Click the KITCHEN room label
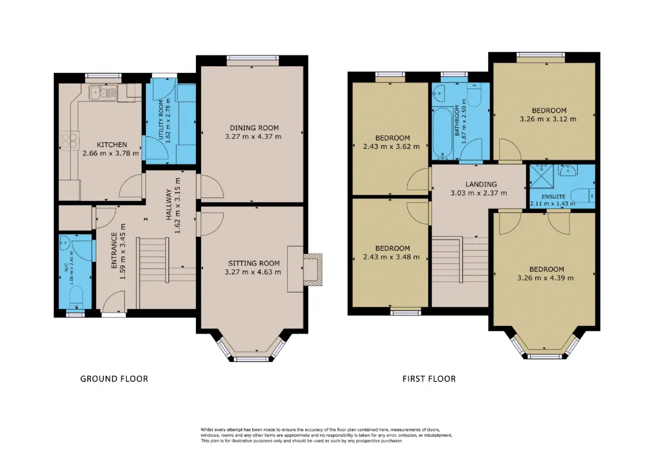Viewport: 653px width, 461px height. pos(112,144)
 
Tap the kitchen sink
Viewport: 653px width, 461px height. pos(103,93)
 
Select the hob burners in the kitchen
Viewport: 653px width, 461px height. pos(70,140)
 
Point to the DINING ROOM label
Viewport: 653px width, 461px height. pos(254,128)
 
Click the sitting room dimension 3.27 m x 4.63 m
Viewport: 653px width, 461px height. pos(253,272)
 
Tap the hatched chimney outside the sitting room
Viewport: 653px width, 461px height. pos(313,270)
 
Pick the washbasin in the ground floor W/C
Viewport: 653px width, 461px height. pos(64,243)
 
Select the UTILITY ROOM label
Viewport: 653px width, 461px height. pos(161,120)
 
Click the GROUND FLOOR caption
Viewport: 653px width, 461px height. pos(114,379)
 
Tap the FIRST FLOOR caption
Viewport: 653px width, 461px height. pos(429,379)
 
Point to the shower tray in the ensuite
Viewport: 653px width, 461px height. pos(541,176)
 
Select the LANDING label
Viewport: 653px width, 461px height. pos(481,185)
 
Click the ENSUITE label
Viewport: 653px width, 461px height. pos(554,197)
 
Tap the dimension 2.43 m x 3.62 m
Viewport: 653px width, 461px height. pos(391,146)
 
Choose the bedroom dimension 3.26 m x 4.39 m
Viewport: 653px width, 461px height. pos(545,278)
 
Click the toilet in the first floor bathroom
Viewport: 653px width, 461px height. pos(474,95)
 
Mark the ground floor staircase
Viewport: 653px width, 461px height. pos(166,273)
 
